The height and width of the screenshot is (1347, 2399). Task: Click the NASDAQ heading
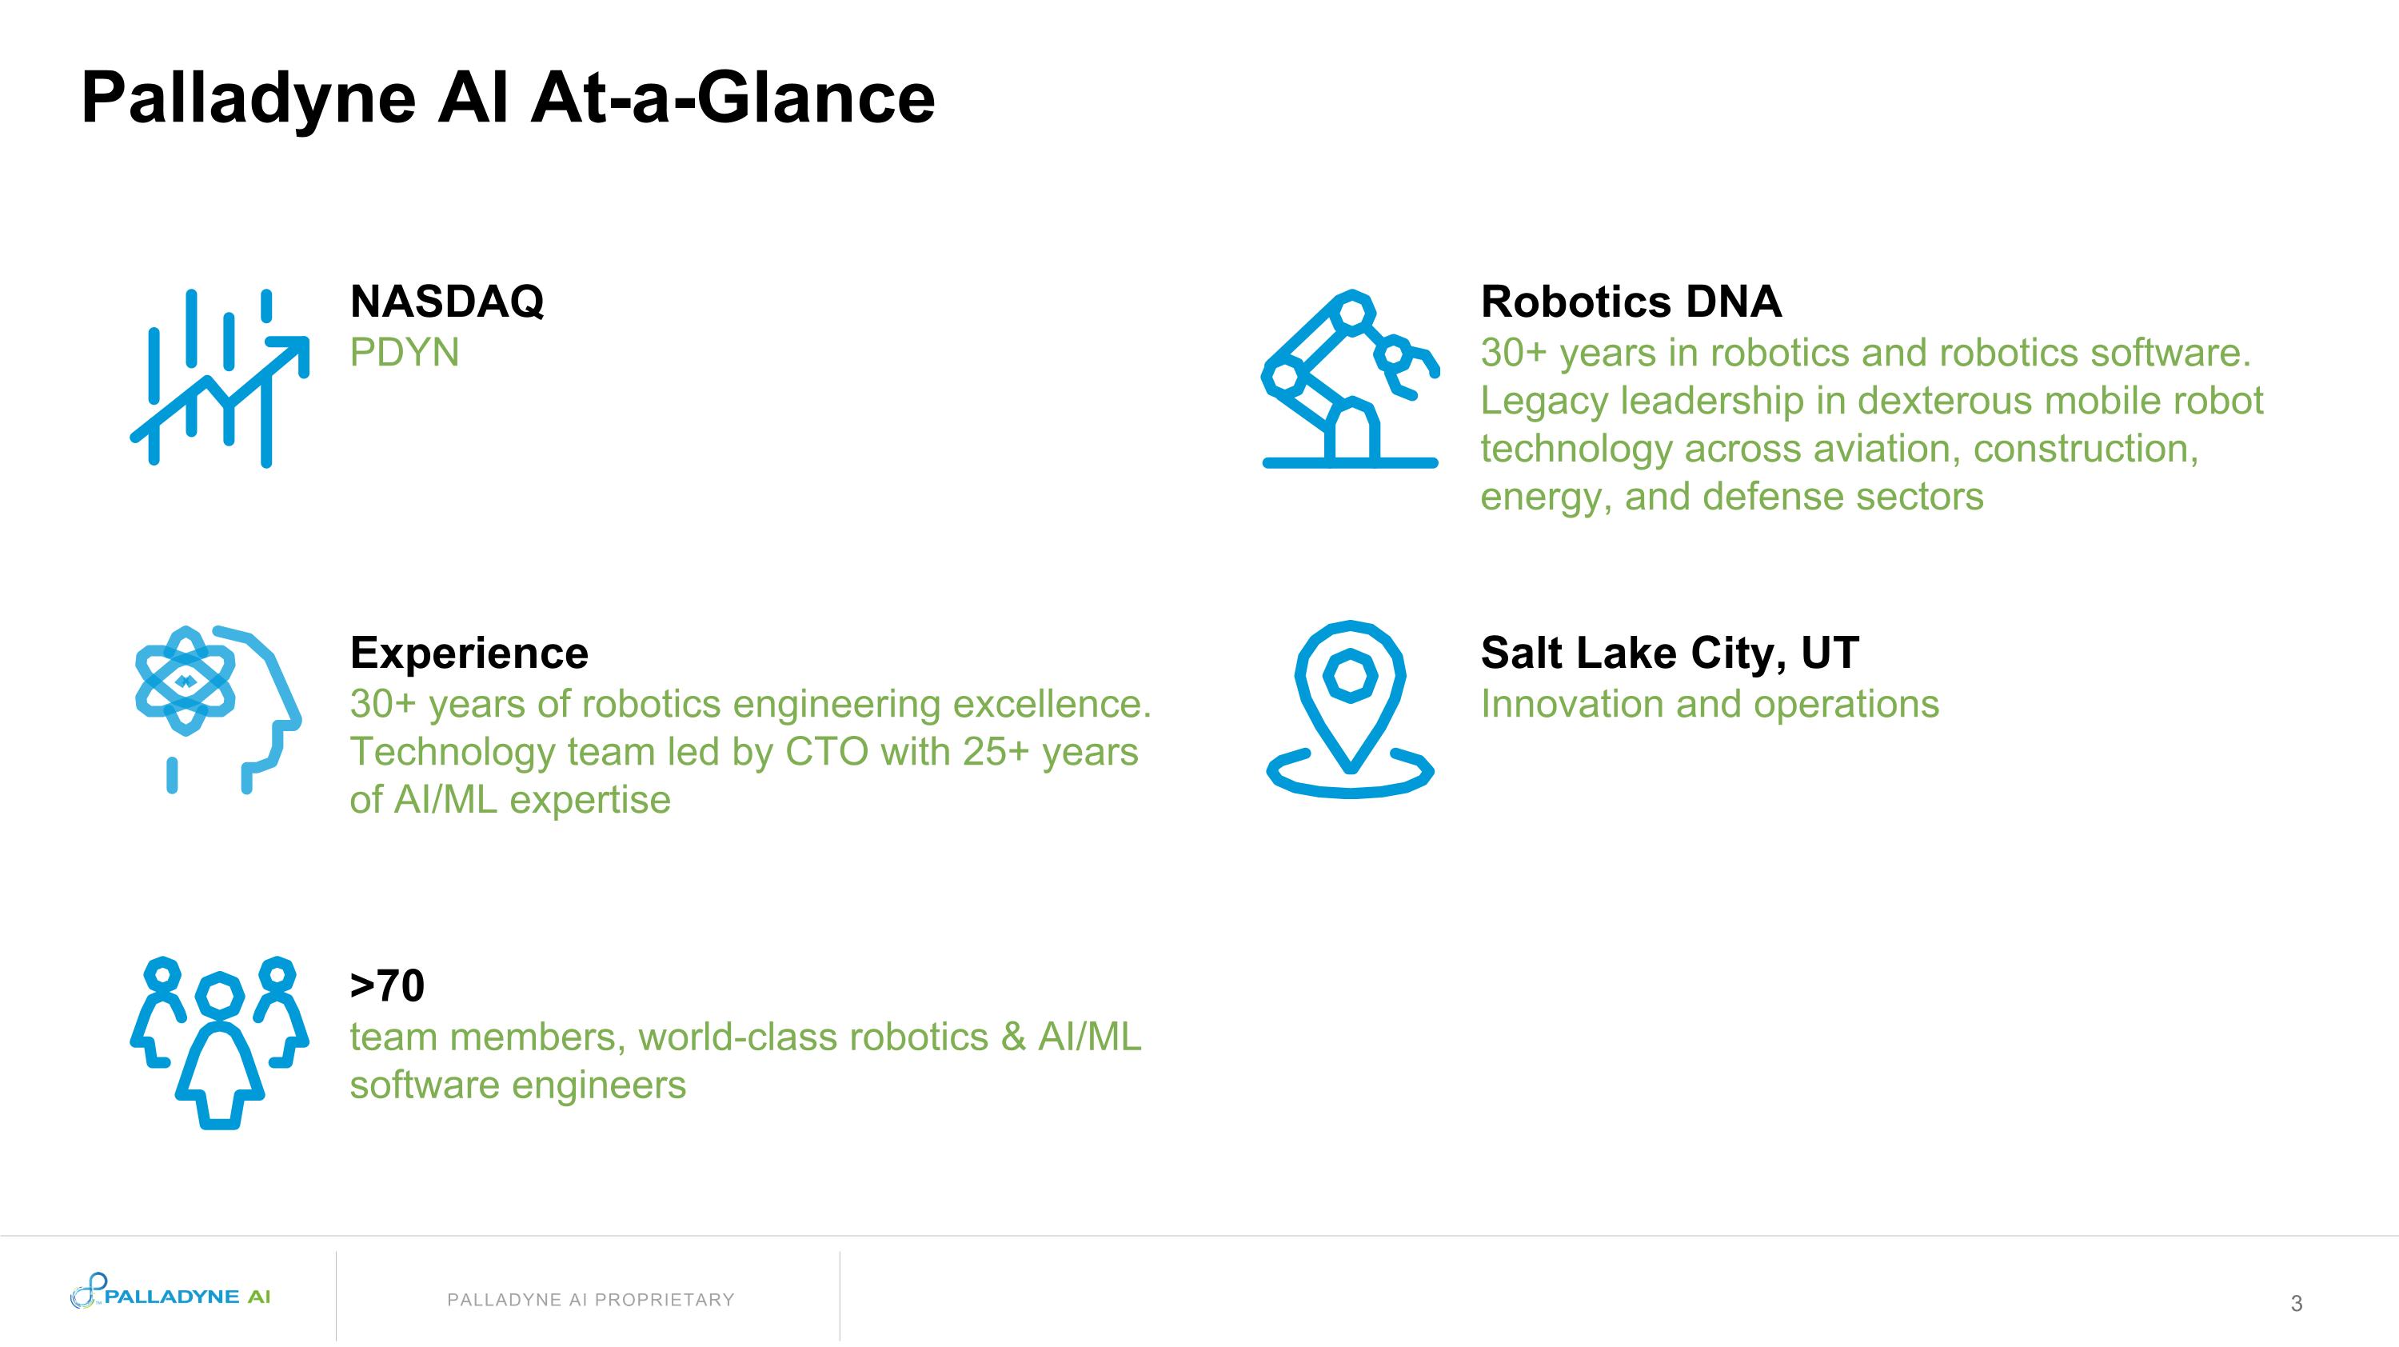[446, 301]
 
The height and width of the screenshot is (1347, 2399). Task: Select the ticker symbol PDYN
[404, 353]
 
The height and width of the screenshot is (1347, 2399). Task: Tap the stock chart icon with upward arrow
[220, 378]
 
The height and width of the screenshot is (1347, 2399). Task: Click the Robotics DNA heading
[1631, 302]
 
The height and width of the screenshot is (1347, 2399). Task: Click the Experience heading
[469, 653]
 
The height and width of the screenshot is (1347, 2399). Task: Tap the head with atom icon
[217, 708]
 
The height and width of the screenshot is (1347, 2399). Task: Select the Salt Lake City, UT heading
[1669, 653]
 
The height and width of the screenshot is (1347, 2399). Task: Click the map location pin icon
[1350, 708]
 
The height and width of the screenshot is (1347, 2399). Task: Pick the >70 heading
[387, 985]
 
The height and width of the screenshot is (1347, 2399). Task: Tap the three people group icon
[219, 1041]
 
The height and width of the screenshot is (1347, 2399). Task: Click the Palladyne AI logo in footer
[171, 1295]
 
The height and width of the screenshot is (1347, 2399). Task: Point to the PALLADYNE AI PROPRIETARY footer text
[590, 1300]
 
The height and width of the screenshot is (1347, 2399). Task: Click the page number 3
[2296, 1303]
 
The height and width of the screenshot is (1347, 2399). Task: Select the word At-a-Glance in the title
[733, 98]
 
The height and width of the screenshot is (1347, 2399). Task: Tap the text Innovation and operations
[1709, 704]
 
